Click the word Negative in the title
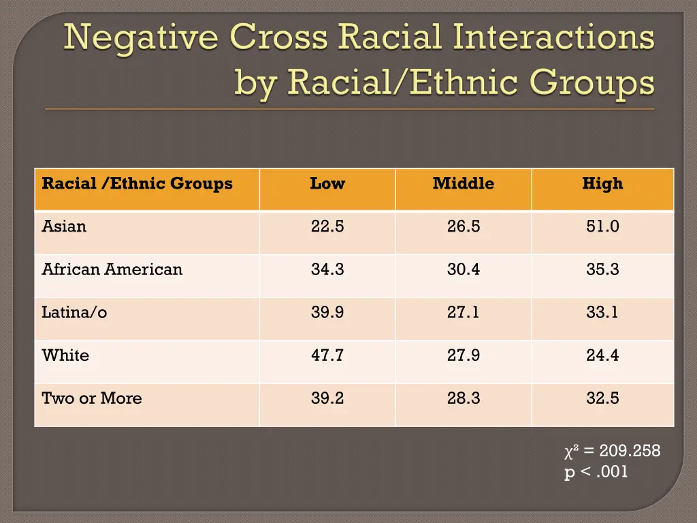[141, 38]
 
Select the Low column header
[327, 183]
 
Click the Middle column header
[464, 183]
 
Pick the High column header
[602, 183]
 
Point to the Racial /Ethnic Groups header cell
[137, 183]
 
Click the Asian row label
[64, 226]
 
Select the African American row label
[112, 269]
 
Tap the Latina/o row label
[74, 313]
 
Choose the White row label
[65, 355]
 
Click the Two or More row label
[92, 398]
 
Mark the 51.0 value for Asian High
[602, 226]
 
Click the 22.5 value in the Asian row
[327, 226]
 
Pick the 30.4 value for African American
[464, 269]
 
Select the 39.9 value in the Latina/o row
[327, 313]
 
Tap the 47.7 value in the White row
[327, 355]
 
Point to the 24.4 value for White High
[602, 355]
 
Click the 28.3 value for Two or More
[464, 398]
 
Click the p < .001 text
[596, 472]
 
